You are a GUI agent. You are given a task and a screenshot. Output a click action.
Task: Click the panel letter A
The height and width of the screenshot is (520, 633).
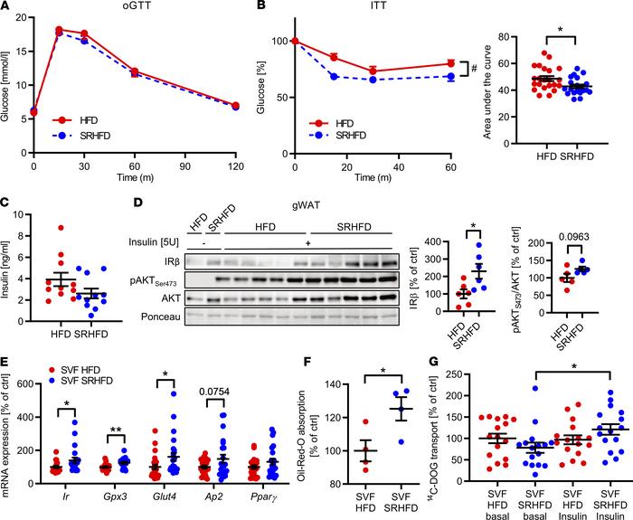pyautogui.click(x=6, y=7)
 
